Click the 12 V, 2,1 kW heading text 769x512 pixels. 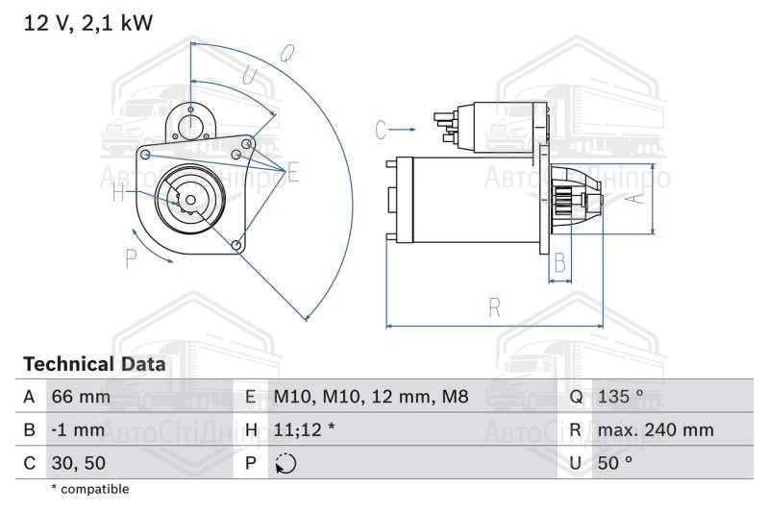[88, 23]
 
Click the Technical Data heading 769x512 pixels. [94, 364]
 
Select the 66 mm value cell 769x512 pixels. [81, 397]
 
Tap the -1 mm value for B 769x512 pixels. [78, 429]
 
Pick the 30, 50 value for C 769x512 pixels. [79, 463]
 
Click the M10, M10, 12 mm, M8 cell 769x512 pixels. [371, 397]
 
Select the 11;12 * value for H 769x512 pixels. [304, 429]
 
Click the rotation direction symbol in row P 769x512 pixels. [285, 463]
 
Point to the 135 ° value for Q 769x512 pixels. [620, 397]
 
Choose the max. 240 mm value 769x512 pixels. [656, 429]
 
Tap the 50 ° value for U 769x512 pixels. [615, 463]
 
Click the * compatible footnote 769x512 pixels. [90, 489]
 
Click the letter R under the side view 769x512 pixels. [494, 307]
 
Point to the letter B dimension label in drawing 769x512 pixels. [559, 262]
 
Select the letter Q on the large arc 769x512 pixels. [287, 54]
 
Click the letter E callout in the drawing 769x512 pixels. [293, 173]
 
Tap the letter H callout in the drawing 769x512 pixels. [118, 191]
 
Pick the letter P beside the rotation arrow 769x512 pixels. [131, 258]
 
